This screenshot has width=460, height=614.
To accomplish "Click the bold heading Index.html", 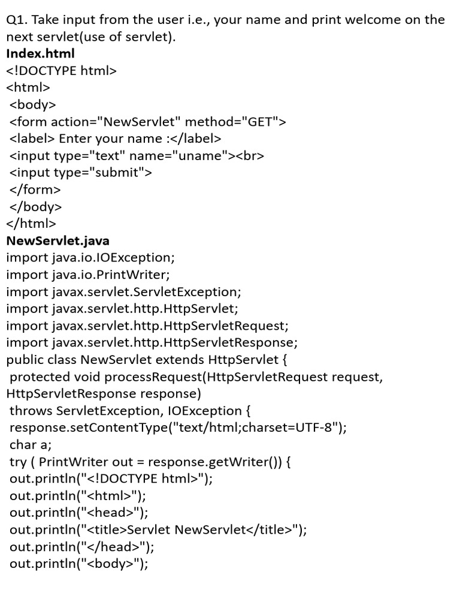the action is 40,54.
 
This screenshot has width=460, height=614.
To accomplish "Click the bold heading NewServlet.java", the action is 57,241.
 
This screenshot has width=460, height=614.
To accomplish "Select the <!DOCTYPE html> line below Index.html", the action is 61,71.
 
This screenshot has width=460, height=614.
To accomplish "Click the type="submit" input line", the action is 81,173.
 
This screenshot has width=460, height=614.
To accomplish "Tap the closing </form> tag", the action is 35,190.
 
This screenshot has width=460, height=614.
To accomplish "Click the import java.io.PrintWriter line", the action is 88,275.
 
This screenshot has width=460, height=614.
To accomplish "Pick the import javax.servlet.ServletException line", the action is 123,292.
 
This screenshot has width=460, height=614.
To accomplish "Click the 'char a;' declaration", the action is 31,444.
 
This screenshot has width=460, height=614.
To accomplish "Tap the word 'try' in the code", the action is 18,462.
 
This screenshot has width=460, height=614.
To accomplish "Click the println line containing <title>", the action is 158,529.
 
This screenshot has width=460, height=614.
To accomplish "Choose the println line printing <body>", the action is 78,564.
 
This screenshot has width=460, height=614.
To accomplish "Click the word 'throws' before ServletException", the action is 31,411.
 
